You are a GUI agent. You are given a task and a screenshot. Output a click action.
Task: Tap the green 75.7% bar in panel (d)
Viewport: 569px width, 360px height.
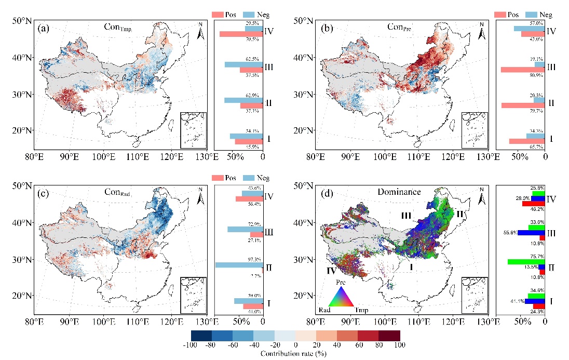pos(526,261)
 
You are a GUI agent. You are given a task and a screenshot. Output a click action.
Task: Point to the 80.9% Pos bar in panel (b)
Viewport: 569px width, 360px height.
pos(523,70)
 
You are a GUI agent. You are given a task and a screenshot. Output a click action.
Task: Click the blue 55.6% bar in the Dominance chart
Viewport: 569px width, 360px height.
pos(531,232)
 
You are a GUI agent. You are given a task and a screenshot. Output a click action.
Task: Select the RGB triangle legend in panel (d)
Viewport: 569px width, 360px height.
pos(341,299)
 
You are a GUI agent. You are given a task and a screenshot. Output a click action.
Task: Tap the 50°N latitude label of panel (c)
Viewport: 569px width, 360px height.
pos(22,185)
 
